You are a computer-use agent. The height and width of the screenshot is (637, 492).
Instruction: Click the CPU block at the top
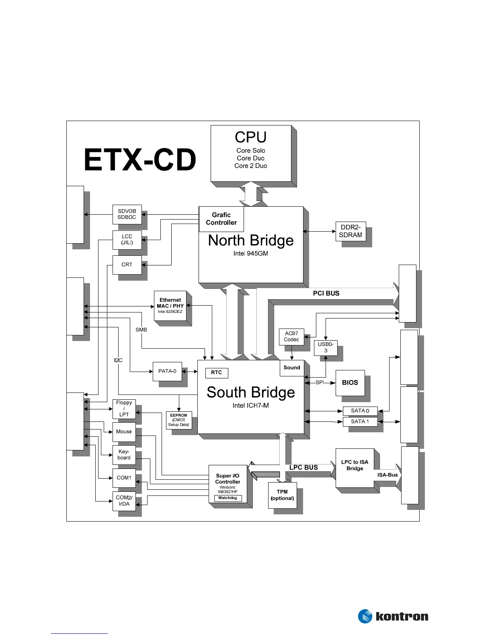(x=251, y=153)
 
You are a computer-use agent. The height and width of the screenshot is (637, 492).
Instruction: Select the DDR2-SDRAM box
(x=351, y=231)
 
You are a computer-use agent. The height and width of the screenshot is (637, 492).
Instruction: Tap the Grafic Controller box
(x=221, y=219)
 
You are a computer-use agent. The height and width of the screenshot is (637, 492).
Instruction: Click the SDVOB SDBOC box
(x=127, y=214)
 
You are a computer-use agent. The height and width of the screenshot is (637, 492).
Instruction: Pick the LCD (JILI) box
(x=127, y=239)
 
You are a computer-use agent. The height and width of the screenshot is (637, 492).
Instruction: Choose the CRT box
(x=127, y=265)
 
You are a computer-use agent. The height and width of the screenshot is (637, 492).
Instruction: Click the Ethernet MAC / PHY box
(x=170, y=306)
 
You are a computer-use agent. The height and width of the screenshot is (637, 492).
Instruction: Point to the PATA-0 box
(x=167, y=371)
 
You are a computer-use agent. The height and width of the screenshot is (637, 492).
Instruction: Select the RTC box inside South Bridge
(x=217, y=373)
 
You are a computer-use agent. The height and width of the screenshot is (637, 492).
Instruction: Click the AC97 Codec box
(x=291, y=337)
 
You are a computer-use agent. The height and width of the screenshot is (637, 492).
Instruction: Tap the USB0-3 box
(x=326, y=347)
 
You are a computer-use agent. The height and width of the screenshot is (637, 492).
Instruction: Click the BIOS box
(x=350, y=383)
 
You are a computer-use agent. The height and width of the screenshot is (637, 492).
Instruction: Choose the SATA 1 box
(x=360, y=421)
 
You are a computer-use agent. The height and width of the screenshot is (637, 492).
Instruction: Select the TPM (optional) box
(x=282, y=495)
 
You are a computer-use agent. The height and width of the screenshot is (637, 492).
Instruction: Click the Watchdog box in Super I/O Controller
(x=228, y=498)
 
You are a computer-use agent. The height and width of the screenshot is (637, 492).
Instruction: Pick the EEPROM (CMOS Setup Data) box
(x=179, y=420)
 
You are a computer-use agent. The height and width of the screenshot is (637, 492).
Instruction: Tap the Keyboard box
(x=124, y=455)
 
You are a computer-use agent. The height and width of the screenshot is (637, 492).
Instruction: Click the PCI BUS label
(x=326, y=294)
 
